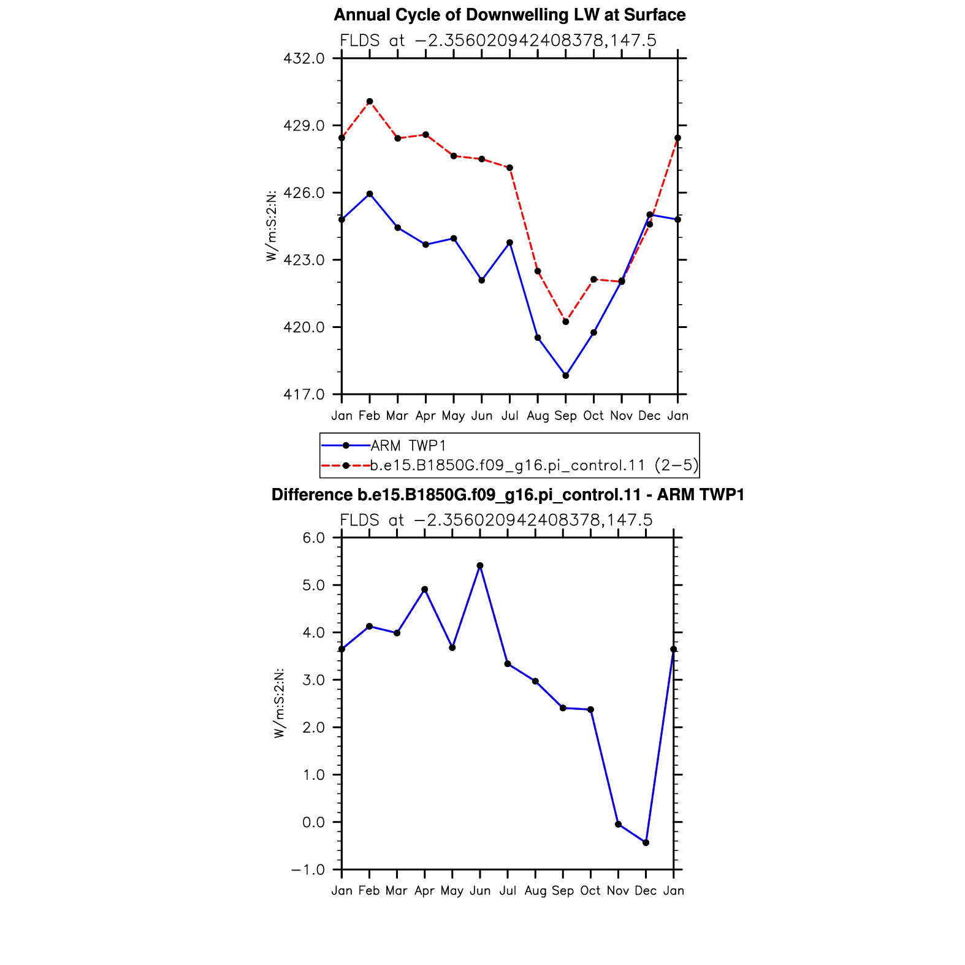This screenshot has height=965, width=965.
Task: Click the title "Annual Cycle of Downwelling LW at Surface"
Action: coord(509,15)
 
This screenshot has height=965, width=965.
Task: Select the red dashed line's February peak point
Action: coord(370,102)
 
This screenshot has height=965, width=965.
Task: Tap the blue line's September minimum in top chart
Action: coord(566,376)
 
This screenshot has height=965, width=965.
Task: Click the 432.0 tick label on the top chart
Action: coord(303,59)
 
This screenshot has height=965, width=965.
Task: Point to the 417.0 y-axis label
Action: coord(303,394)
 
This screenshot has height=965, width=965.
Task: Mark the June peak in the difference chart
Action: coord(480,566)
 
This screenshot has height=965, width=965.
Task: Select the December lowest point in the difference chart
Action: coord(646,843)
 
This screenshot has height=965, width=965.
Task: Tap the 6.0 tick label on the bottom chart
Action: coord(313,538)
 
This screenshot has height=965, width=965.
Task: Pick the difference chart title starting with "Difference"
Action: coord(508,495)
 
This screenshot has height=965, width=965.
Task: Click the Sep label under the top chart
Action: coord(566,416)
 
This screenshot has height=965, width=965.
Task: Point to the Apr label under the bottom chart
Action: coord(425,891)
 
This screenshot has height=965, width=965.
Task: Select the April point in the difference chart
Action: coord(425,590)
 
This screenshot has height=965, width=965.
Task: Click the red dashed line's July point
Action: coord(510,168)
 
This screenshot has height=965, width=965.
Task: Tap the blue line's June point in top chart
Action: coord(482,280)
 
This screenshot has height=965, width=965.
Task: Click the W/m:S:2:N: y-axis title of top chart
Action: coord(271,226)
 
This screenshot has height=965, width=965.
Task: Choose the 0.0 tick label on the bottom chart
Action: coord(313,823)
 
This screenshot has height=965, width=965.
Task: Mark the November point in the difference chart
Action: coord(618,825)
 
